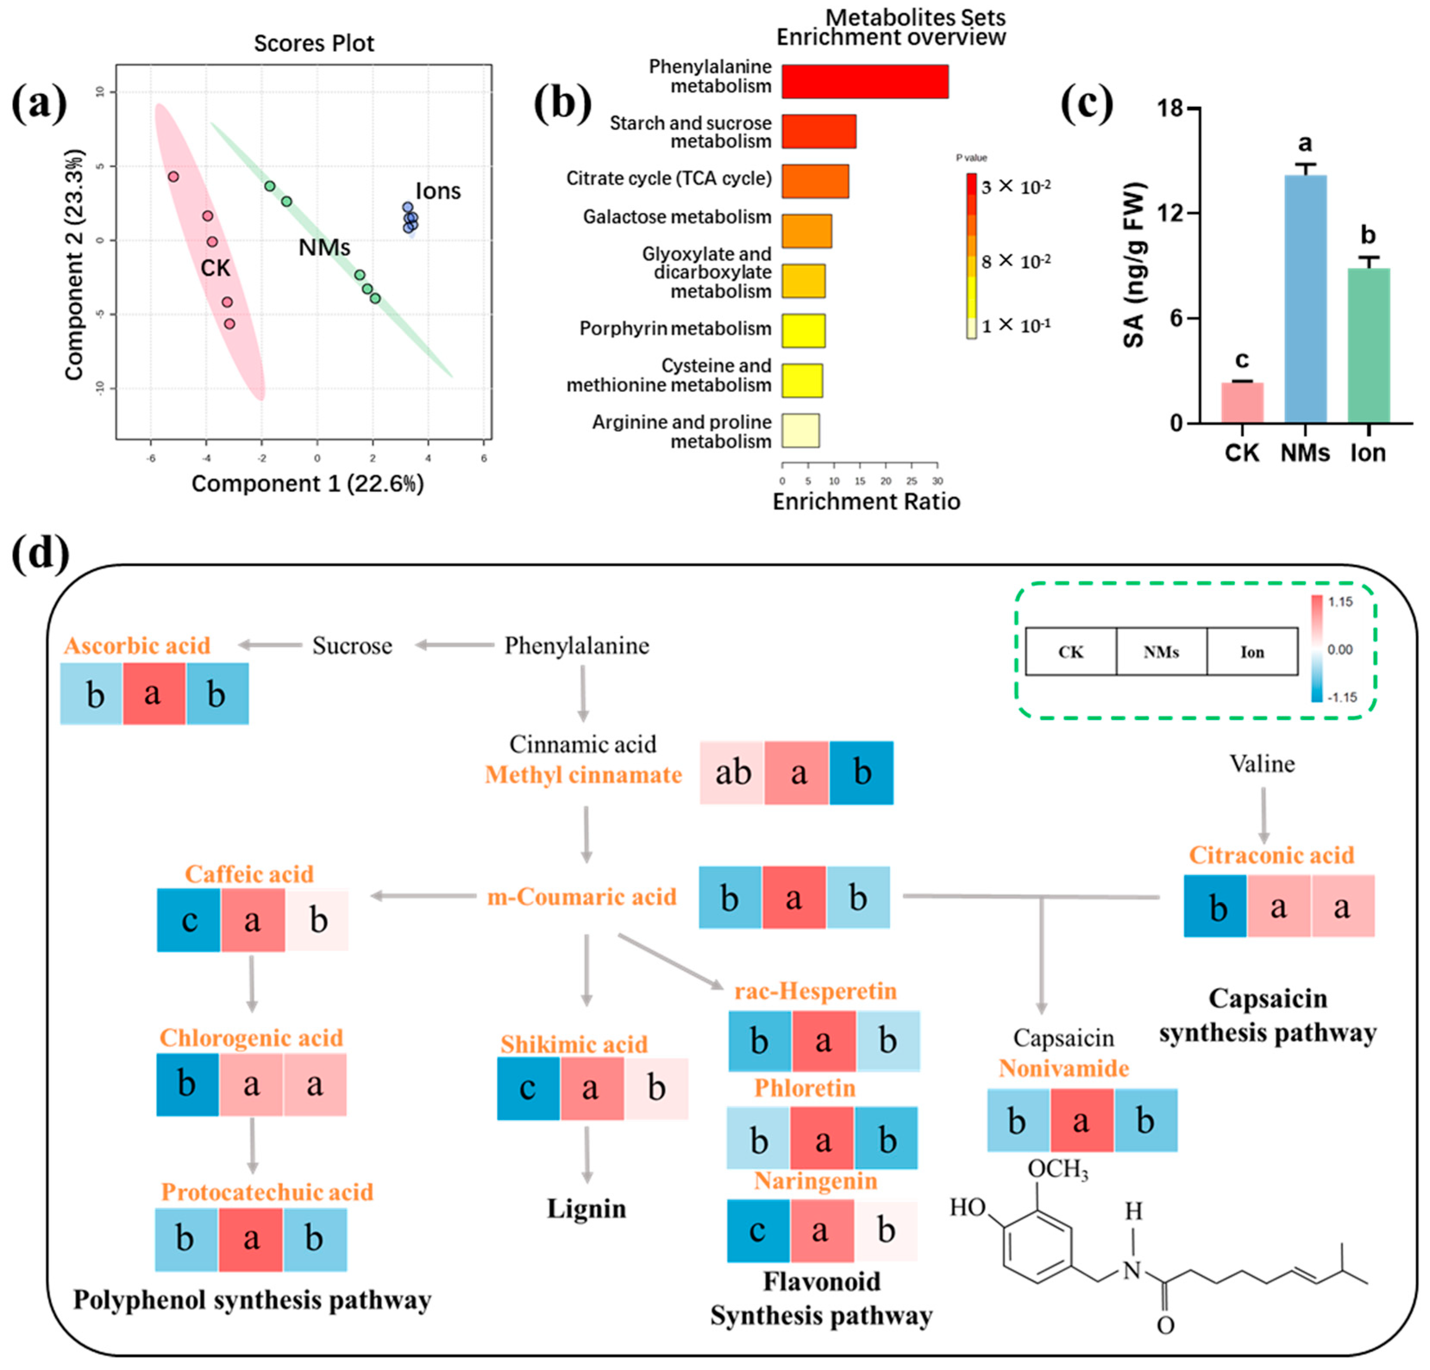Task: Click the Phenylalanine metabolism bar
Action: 864,81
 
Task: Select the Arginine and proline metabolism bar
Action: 801,431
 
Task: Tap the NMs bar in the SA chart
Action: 1305,299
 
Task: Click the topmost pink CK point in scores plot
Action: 173,177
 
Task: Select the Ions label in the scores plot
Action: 438,191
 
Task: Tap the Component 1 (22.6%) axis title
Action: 307,484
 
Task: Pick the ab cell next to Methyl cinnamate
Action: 732,773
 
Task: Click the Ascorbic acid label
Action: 137,646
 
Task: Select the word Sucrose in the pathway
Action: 352,646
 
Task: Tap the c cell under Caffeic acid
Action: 189,920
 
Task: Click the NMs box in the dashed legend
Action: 1161,652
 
